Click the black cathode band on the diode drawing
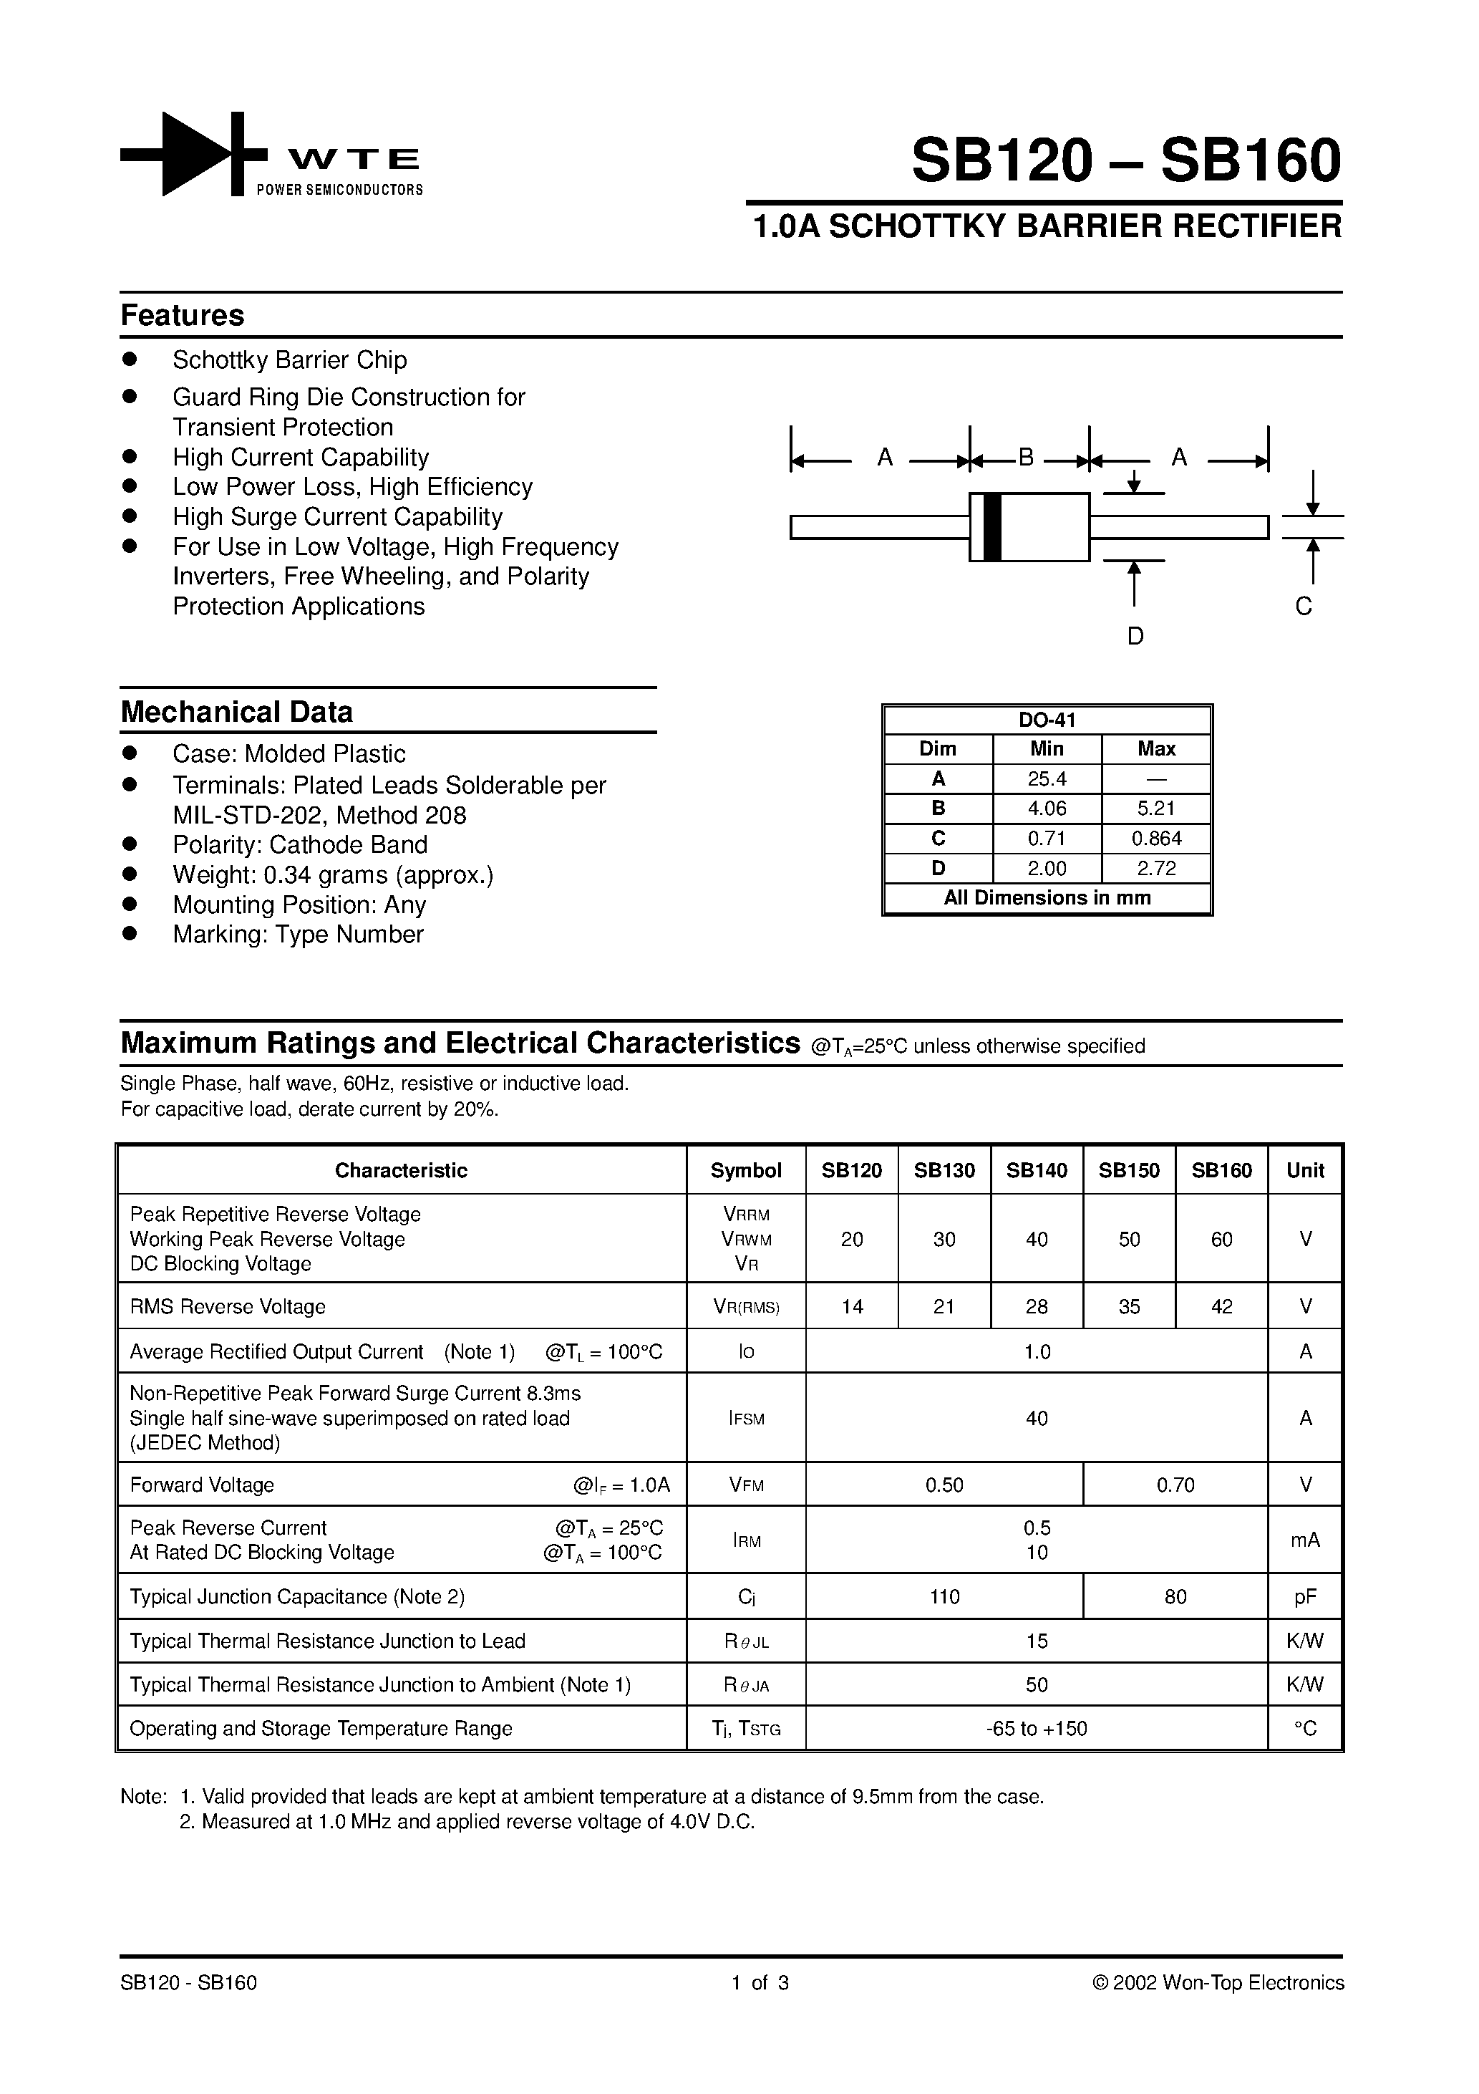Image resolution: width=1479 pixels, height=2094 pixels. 993,527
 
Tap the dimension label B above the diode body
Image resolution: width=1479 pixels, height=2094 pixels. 1026,457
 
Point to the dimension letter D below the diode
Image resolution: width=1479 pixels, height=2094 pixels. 1135,637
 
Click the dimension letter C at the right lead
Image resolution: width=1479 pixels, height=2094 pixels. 1303,607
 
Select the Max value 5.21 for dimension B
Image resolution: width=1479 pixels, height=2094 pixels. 1156,808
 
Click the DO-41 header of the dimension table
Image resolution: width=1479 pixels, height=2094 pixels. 1047,720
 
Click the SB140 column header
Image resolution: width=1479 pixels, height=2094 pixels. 1037,1170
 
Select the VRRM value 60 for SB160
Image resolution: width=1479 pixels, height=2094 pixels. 1221,1238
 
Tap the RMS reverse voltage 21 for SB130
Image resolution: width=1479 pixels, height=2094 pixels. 944,1306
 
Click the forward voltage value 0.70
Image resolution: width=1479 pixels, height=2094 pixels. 1175,1485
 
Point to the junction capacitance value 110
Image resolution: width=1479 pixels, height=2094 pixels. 944,1596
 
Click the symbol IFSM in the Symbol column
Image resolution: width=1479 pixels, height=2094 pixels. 746,1418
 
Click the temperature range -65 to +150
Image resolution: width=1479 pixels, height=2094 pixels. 1037,1728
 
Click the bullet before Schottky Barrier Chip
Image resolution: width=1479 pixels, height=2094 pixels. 130,360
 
